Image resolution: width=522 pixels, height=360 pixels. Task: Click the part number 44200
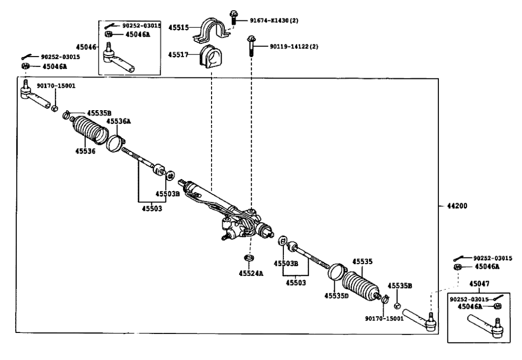click(457, 206)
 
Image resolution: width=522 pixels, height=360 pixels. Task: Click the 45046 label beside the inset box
click(86, 47)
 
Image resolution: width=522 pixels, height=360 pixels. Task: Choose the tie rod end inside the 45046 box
click(118, 60)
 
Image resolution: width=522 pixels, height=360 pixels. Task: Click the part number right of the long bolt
click(294, 46)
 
